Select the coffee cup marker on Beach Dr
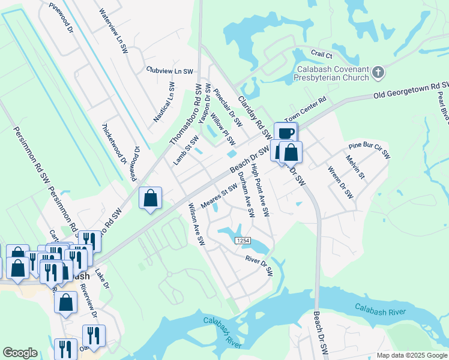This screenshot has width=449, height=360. (x=286, y=133)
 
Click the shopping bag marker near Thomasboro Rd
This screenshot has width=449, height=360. (x=150, y=198)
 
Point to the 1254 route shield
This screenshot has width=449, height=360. (x=242, y=241)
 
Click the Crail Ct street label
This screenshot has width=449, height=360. (x=321, y=53)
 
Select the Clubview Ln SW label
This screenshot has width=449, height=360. (x=170, y=70)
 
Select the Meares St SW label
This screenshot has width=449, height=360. (x=219, y=198)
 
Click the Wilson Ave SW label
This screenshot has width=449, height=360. (x=197, y=224)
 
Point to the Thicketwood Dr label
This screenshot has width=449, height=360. (x=114, y=144)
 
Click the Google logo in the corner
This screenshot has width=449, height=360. (x=20, y=353)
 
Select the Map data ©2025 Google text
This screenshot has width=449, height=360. (x=412, y=355)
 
